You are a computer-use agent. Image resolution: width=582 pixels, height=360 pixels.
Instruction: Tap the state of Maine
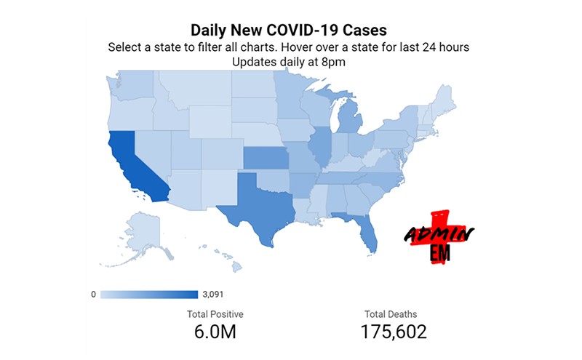(445, 98)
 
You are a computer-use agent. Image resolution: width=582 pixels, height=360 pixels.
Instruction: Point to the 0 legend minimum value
(93, 295)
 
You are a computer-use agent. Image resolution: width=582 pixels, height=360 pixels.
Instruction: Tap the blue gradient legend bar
(149, 295)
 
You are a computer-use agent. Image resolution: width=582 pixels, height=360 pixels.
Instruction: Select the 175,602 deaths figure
(394, 332)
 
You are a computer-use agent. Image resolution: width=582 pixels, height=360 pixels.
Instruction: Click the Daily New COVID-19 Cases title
(289, 31)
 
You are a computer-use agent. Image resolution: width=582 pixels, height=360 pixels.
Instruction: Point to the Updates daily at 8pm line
(289, 62)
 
